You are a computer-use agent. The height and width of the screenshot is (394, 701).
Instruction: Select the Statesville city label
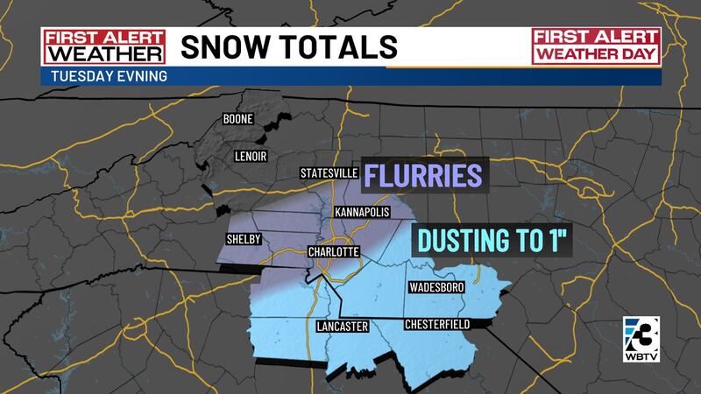(x=329, y=172)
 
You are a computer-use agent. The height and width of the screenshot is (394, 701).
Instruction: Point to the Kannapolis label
(x=361, y=213)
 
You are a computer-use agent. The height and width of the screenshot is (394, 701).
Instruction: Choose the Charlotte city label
(x=333, y=252)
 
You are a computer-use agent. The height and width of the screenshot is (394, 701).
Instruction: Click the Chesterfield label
(x=438, y=324)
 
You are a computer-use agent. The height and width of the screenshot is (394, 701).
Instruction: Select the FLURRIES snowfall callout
(x=423, y=175)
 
